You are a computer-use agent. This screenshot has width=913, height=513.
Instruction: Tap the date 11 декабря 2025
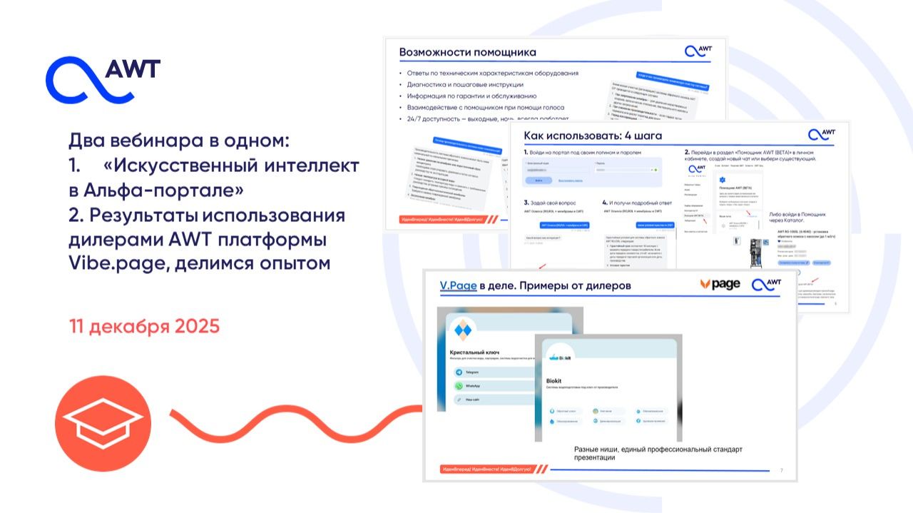tap(145, 327)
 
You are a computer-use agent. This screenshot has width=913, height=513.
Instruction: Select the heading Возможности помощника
tap(467, 52)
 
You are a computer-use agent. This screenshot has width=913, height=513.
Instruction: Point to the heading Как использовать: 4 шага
tap(593, 135)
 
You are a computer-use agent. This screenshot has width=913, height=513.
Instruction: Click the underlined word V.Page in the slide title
tap(457, 286)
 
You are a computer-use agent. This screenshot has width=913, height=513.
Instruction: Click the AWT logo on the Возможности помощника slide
tap(698, 51)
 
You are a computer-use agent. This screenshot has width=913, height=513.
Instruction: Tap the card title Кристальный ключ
tap(476, 352)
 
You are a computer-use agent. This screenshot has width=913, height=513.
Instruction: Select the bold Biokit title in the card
tap(554, 380)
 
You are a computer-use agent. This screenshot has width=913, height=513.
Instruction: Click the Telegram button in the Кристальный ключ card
tap(472, 372)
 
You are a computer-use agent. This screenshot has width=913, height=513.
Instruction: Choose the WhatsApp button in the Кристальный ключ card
tap(472, 385)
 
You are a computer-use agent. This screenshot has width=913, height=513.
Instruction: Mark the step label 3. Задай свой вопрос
tap(551, 202)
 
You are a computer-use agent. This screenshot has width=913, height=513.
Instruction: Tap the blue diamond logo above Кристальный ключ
tap(464, 330)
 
